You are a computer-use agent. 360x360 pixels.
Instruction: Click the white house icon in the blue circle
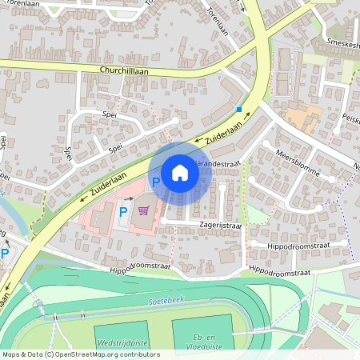point(180,172)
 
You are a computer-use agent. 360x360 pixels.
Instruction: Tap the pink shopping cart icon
point(143,210)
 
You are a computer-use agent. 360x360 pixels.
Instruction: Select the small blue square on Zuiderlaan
point(238,109)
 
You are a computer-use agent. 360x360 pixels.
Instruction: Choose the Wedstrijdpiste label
point(122,342)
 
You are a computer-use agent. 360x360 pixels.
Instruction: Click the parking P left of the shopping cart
point(122,211)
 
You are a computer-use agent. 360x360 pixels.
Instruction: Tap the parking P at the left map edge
point(5,254)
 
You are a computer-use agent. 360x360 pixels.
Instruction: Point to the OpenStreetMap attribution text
point(81,354)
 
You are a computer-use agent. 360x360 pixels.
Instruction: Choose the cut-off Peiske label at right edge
point(350,118)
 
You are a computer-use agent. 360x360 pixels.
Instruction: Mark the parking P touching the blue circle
point(156,182)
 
